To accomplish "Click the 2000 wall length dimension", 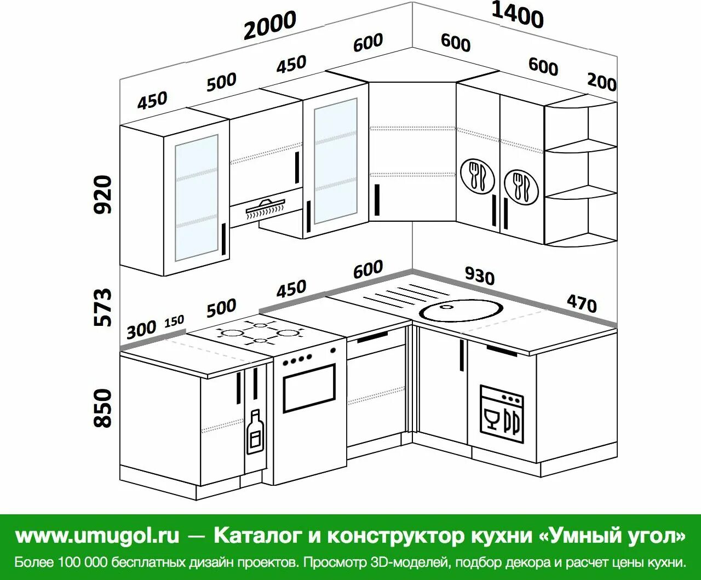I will [270, 25].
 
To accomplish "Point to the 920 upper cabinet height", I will [103, 194].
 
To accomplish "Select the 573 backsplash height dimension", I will [103, 307].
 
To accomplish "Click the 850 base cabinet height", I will [103, 408].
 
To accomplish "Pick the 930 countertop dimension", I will [479, 275].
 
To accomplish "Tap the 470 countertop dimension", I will [581, 302].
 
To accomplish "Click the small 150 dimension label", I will [174, 321].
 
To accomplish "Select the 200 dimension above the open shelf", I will [601, 82].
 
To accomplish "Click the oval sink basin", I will [461, 311].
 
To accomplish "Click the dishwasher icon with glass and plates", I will [502, 414].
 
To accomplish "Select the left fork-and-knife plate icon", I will [477, 175].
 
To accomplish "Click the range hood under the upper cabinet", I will [266, 209].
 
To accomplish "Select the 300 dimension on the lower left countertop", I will [141, 330].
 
